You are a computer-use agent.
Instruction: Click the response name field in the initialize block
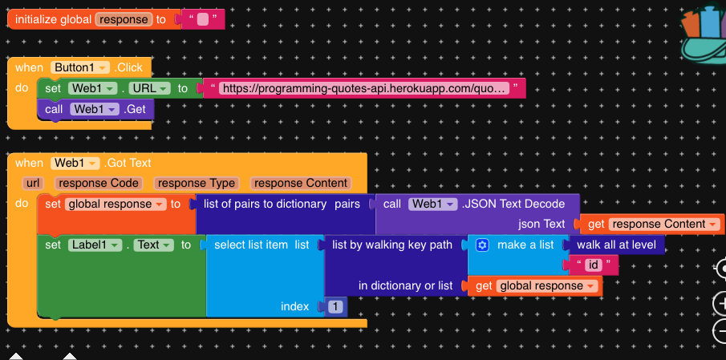tap(123, 18)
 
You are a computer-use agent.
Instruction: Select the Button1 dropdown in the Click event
tap(78, 67)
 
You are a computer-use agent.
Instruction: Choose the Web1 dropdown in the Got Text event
tap(76, 163)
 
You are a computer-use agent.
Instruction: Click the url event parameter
tap(33, 183)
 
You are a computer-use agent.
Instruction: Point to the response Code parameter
tap(97, 183)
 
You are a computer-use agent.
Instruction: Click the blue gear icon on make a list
tap(482, 245)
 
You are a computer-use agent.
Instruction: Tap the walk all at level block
tap(615, 245)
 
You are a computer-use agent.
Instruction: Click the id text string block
tap(594, 265)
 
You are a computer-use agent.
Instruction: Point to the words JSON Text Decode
tap(513, 204)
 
